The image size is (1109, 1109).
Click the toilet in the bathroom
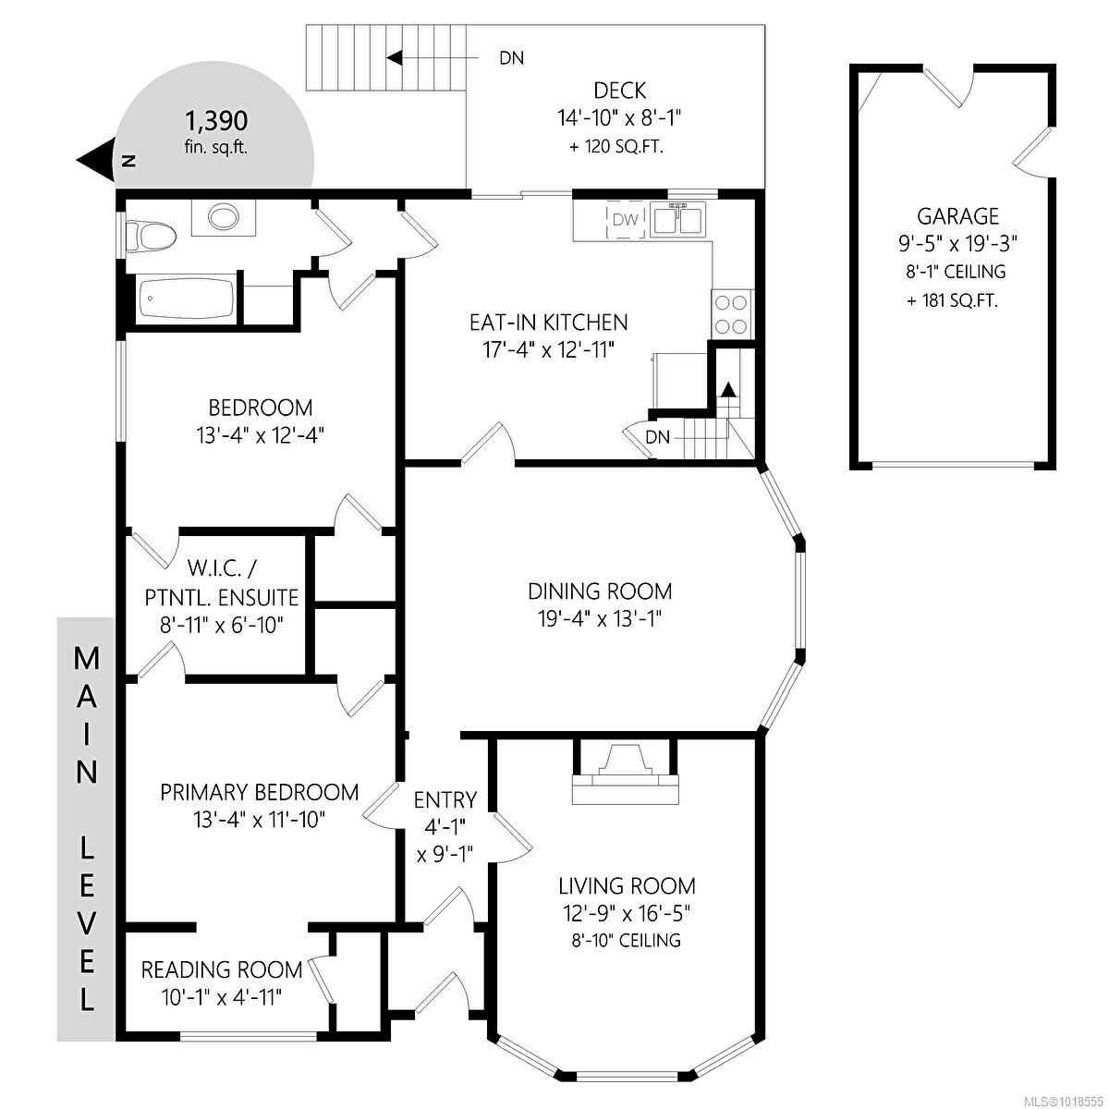click(x=151, y=236)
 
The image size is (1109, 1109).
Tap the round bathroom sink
click(x=222, y=218)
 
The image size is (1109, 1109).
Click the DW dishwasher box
click(x=626, y=220)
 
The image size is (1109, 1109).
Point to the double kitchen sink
click(x=679, y=221)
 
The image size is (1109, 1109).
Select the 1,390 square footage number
click(x=216, y=120)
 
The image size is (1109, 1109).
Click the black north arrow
click(x=94, y=161)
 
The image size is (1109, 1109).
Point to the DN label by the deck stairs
click(x=511, y=58)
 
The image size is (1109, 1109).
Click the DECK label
click(x=619, y=91)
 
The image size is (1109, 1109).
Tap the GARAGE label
click(x=957, y=216)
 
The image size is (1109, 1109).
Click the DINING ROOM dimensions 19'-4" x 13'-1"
click(x=600, y=618)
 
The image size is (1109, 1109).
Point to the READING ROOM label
click(x=221, y=969)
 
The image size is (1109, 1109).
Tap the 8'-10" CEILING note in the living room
click(x=626, y=941)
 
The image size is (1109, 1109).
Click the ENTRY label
click(x=445, y=799)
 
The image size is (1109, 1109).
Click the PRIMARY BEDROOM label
click(x=259, y=792)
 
